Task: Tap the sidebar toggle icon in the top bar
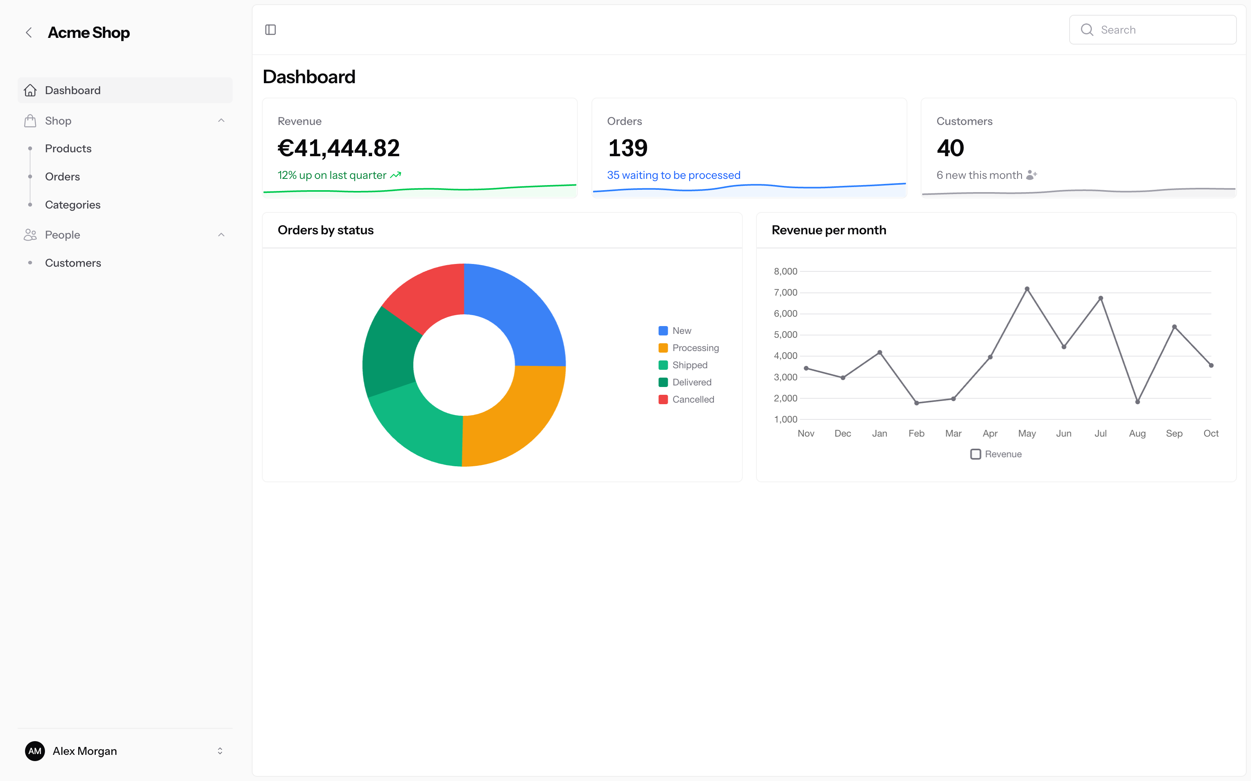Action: pos(271,30)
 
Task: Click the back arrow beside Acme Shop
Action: pos(29,32)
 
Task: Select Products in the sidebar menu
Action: pos(68,149)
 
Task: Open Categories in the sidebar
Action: pos(73,205)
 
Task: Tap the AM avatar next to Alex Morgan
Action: pos(35,751)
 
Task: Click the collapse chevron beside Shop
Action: pos(221,120)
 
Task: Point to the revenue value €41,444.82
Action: pos(339,148)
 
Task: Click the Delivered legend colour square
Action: pos(663,382)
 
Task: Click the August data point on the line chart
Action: pos(1138,402)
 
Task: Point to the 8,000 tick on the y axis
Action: pos(785,271)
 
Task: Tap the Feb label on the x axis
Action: pos(916,433)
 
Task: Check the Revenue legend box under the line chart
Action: pos(975,454)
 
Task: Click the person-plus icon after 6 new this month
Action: pos(1032,175)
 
